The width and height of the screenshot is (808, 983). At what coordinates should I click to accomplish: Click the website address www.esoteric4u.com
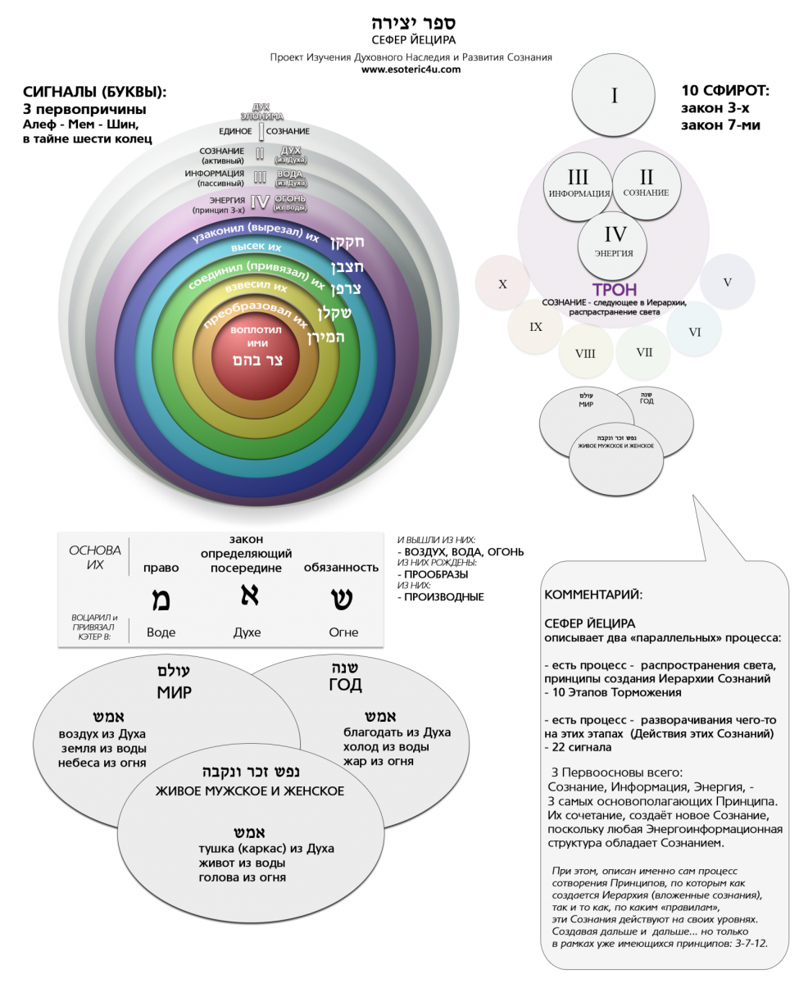point(411,70)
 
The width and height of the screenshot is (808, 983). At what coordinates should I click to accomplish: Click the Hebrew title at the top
point(411,22)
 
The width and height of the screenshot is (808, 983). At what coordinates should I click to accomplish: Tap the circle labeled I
point(614,97)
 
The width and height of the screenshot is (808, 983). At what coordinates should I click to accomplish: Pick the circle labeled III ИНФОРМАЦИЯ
point(578,184)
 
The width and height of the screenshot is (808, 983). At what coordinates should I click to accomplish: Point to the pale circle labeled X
point(502,283)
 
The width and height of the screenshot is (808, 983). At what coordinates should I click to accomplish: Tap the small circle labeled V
point(727,281)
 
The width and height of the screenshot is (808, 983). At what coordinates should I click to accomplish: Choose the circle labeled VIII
point(585,354)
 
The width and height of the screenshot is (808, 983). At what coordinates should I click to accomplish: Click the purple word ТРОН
point(614,290)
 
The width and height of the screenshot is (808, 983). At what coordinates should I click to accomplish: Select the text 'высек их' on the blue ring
point(256,247)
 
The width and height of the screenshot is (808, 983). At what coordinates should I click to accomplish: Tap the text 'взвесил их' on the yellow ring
point(261,288)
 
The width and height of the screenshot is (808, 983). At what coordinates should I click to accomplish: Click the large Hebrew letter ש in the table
point(342,598)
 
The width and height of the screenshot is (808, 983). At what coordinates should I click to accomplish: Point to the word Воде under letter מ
point(161,632)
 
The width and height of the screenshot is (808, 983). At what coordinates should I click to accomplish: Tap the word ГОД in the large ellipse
point(345,685)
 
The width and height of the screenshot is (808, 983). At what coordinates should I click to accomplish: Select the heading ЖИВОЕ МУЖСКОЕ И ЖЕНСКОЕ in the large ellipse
point(250,791)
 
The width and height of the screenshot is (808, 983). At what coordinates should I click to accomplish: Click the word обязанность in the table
point(341,567)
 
